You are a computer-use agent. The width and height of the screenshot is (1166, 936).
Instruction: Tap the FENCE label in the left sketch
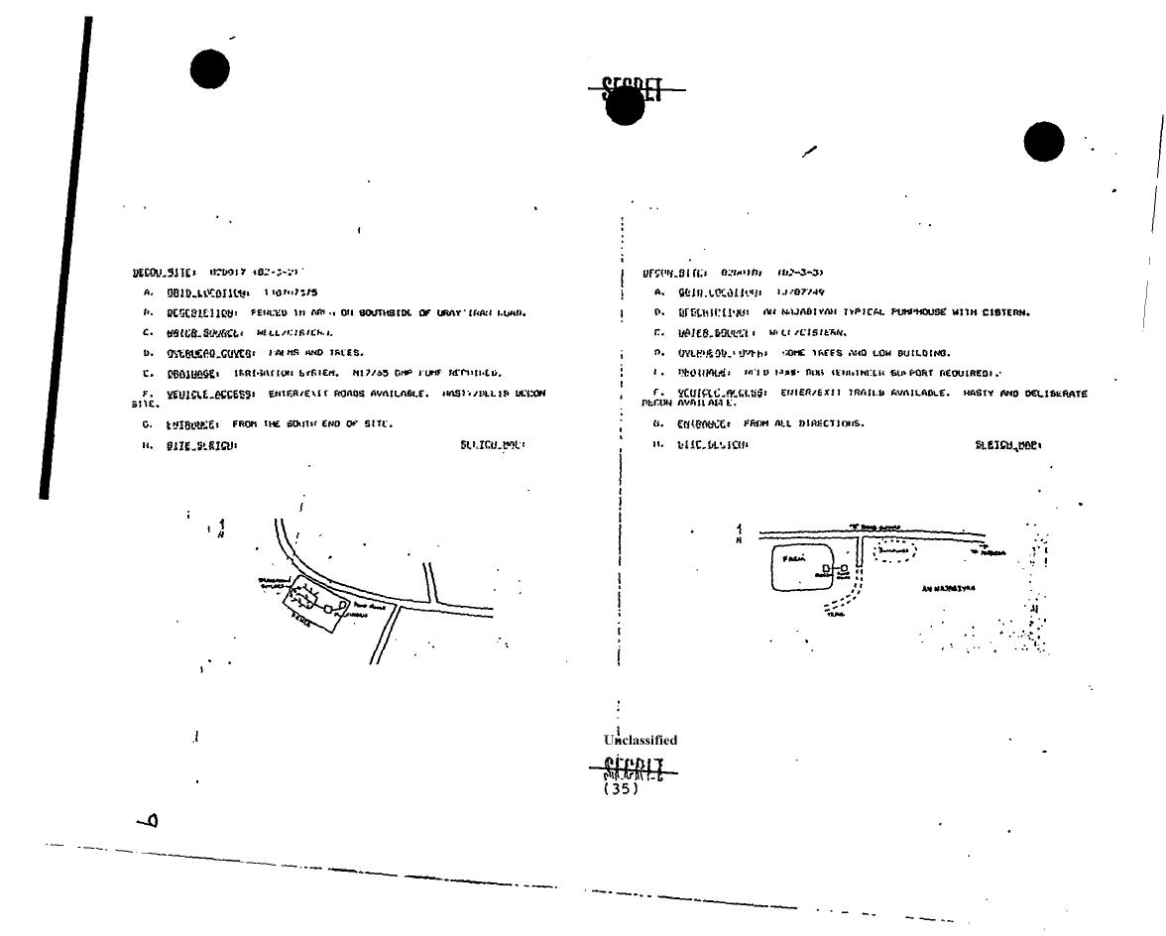coord(299,617)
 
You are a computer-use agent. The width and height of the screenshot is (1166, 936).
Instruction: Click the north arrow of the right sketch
coord(740,533)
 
